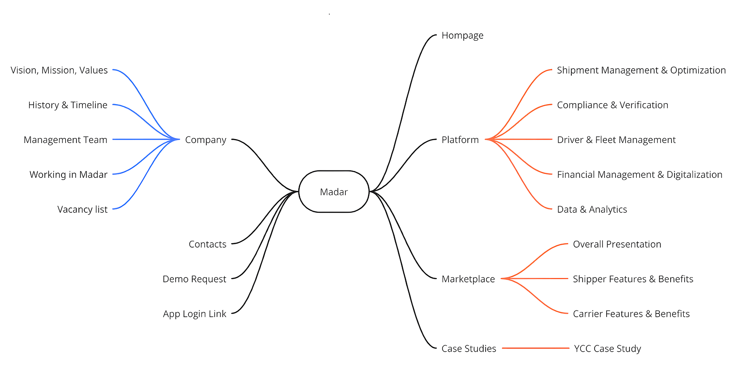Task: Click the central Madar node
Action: click(x=334, y=192)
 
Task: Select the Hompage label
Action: click(x=462, y=35)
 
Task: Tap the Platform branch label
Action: click(x=460, y=140)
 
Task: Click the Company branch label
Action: click(x=206, y=140)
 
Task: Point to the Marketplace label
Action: click(x=468, y=279)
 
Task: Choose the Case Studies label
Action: click(x=469, y=348)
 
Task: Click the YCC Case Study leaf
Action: click(x=607, y=348)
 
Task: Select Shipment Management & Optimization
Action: click(x=641, y=70)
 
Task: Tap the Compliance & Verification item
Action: click(x=613, y=105)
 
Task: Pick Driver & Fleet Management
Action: click(x=616, y=140)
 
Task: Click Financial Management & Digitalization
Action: click(x=640, y=174)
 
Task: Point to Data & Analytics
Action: click(x=592, y=209)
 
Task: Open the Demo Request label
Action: click(x=194, y=279)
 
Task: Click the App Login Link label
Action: click(x=195, y=314)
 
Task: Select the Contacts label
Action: click(x=207, y=244)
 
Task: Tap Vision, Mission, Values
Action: click(x=59, y=70)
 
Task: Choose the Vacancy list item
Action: click(x=82, y=209)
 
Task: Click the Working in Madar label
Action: click(x=68, y=174)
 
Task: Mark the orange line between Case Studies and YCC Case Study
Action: click(x=536, y=348)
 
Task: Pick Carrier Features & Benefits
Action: click(x=631, y=314)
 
